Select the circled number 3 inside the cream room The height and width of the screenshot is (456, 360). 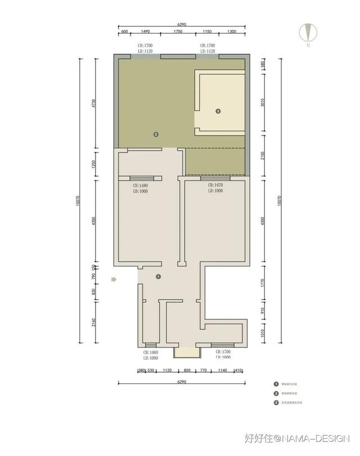tap(218, 111)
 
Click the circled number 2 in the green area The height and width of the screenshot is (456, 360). tap(156, 134)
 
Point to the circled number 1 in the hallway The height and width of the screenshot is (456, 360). tap(158, 277)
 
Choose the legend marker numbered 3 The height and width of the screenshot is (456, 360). tap(276, 403)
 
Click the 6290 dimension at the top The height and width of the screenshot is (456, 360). tap(181, 24)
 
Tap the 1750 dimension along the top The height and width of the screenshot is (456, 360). tap(178, 32)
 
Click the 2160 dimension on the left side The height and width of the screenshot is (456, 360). tap(94, 324)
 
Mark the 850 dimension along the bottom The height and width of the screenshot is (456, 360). tap(187, 371)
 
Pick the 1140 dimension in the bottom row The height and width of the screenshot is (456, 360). tap(222, 371)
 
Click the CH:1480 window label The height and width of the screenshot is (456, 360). tap(139, 186)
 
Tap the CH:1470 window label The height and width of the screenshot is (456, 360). tap(215, 185)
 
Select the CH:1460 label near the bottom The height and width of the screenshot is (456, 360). tap(151, 352)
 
